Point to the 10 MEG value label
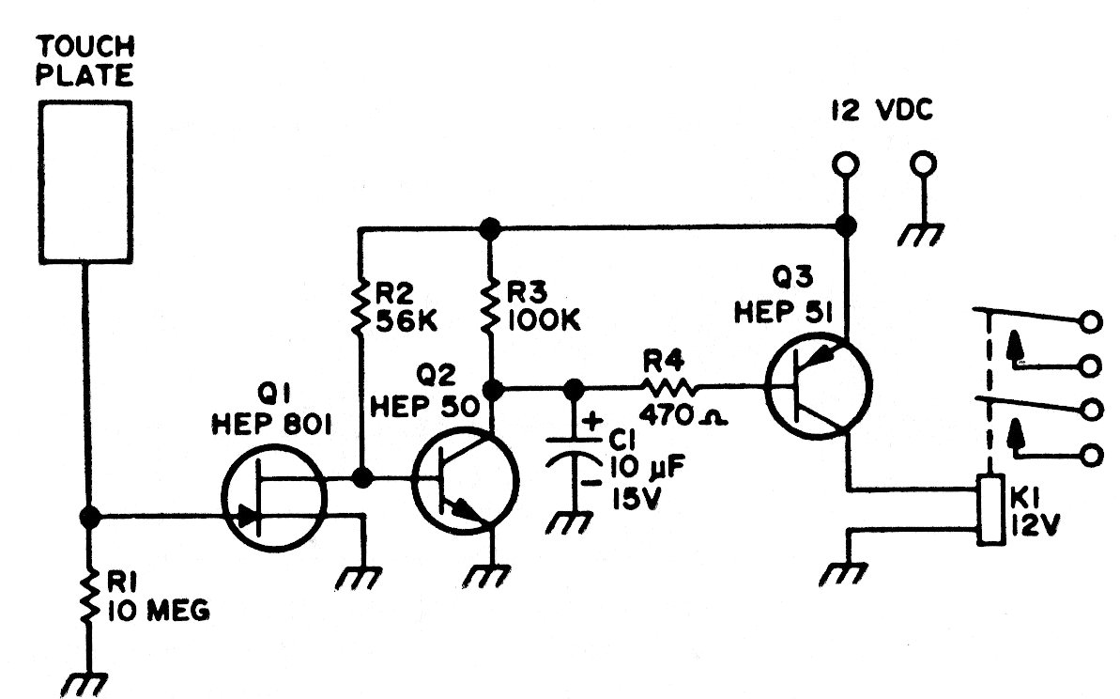[x=158, y=612]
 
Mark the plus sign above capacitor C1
[x=591, y=422]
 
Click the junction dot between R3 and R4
[x=490, y=386]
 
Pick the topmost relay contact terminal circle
[x=1090, y=322]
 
